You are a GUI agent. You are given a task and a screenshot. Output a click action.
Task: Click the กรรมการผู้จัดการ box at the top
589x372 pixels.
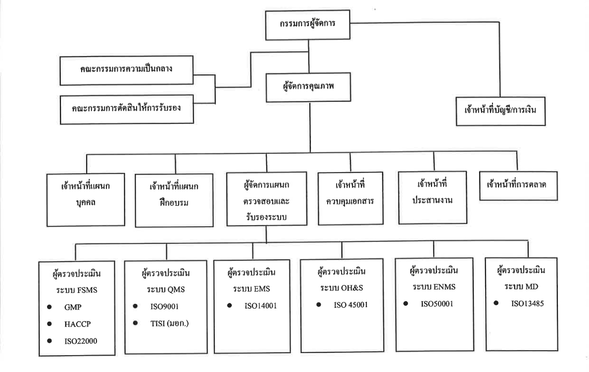308,25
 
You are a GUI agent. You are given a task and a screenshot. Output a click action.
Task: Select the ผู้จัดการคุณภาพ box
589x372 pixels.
308,87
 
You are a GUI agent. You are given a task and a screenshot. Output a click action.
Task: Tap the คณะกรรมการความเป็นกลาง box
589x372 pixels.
127,70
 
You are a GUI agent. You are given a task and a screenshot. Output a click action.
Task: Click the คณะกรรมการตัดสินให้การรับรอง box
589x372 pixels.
127,109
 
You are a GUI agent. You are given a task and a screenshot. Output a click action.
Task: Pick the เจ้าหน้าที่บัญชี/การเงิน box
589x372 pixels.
500,111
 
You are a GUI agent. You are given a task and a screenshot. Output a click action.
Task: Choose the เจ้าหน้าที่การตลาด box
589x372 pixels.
518,186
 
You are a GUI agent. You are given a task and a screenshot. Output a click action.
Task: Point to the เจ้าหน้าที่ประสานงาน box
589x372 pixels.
433,197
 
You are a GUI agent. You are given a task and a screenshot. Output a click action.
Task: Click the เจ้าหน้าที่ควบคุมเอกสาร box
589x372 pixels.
350,198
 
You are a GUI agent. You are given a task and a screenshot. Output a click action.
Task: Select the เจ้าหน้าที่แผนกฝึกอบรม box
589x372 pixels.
174,200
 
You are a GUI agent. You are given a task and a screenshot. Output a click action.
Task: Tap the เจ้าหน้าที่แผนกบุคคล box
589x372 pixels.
86,200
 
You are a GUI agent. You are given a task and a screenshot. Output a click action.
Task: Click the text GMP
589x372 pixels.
73,307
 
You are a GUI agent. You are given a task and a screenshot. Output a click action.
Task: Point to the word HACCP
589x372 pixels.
77,324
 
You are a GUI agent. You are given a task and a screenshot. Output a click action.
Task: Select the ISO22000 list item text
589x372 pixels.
81,341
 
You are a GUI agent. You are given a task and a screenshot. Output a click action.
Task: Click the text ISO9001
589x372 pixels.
164,306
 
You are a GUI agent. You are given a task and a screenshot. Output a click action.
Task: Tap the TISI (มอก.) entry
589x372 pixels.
169,323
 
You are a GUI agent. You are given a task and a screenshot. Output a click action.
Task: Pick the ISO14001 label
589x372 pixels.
261,306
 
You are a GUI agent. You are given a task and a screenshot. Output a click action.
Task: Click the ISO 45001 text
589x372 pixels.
351,305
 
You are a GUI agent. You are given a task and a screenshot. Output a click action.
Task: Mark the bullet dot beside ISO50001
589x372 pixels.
406,303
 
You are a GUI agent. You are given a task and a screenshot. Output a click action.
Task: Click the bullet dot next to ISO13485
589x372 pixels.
496,303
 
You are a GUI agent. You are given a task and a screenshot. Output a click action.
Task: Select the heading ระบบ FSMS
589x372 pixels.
77,290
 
